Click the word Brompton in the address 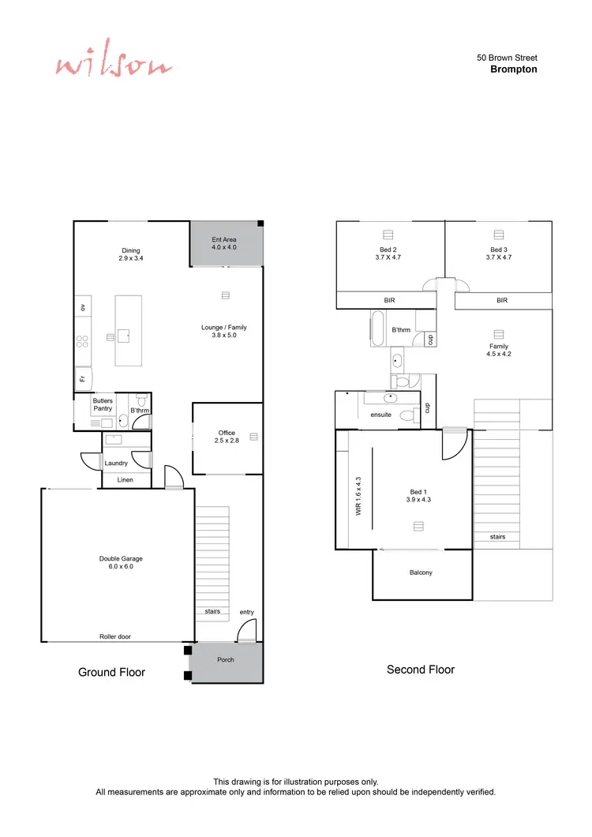(x=513, y=69)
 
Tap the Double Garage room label (x=121, y=563)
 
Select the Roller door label (x=115, y=636)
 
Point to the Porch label (x=226, y=659)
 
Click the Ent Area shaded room (x=224, y=243)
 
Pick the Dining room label (x=131, y=254)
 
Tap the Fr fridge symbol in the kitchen (x=82, y=379)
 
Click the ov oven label (x=81, y=306)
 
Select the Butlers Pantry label (x=103, y=405)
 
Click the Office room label (x=227, y=437)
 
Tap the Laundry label (x=116, y=463)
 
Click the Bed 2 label (x=388, y=253)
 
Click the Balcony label (x=421, y=572)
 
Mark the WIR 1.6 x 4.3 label (x=358, y=495)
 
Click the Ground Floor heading (x=111, y=672)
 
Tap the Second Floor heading (x=421, y=670)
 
